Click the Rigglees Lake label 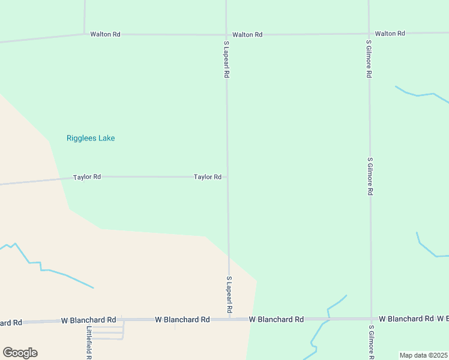coord(91,138)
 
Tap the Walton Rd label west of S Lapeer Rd coord(106,34)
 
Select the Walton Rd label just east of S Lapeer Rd coord(247,35)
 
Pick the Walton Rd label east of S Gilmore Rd coord(390,34)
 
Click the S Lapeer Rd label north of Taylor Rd coord(227,60)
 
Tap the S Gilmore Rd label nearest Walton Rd coord(369,59)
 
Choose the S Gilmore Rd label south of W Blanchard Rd coord(372,342)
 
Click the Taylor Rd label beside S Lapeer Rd coord(208,177)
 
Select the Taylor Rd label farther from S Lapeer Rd coord(87,177)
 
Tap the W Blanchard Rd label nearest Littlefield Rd coord(88,320)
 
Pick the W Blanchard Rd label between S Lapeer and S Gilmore coord(276,319)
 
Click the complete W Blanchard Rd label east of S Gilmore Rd coord(406,319)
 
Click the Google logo coord(20,353)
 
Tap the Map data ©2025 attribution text coord(423,355)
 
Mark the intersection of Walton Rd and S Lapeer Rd coord(226,34)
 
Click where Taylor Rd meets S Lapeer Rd coord(227,177)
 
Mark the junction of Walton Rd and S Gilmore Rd coord(369,34)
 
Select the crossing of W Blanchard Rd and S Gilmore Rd coord(371,319)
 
